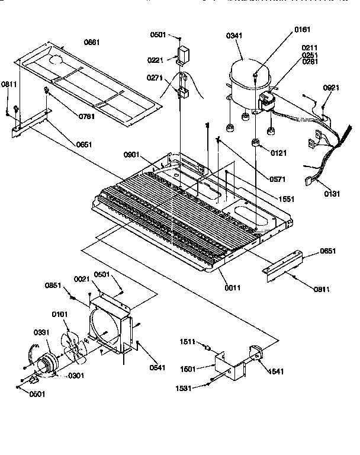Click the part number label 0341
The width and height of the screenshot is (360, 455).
click(x=234, y=37)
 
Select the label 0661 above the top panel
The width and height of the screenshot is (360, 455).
click(x=92, y=43)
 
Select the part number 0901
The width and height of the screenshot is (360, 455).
click(x=131, y=155)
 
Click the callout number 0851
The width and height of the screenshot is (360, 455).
click(x=53, y=286)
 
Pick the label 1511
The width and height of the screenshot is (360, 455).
click(x=188, y=342)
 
